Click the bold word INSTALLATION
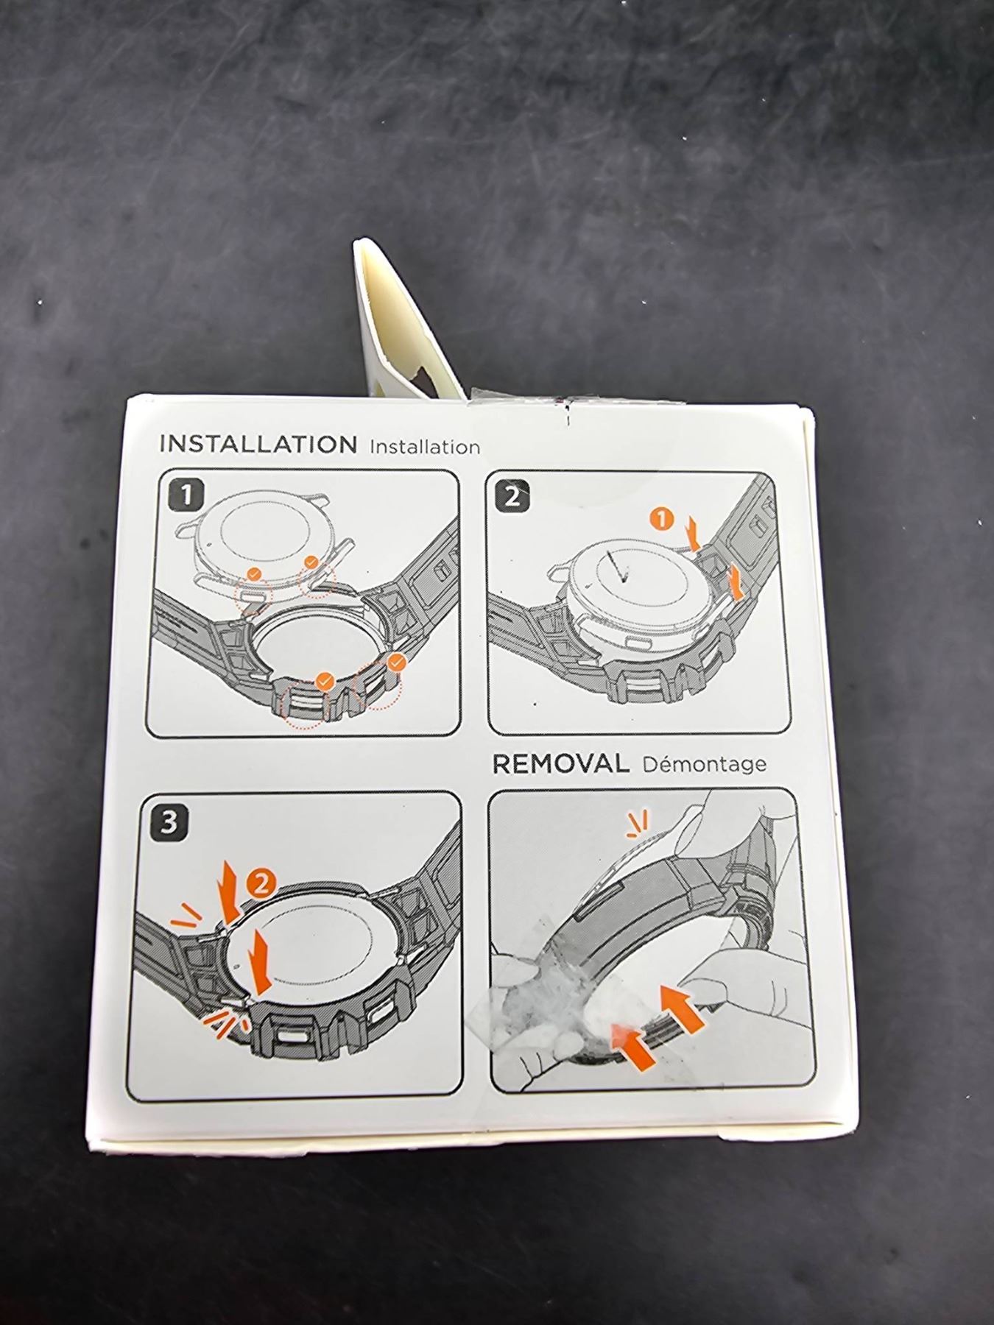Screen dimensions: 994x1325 (x=258, y=445)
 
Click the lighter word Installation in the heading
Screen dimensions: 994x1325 (x=425, y=447)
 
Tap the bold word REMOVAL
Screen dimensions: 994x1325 (x=560, y=764)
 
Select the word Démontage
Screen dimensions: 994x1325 (x=704, y=764)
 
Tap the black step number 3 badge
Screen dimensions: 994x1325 (x=169, y=821)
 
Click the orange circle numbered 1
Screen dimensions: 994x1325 (x=662, y=520)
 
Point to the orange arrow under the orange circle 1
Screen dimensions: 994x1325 (x=691, y=532)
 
